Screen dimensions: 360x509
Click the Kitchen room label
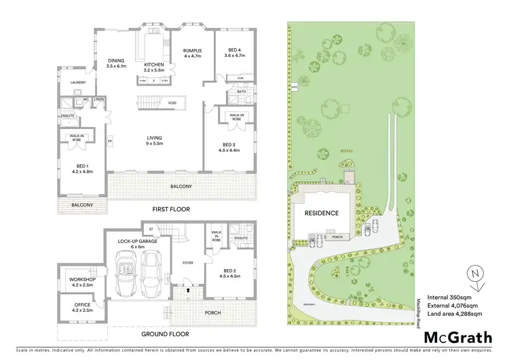click(x=155, y=65)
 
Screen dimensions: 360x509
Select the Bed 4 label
click(x=230, y=51)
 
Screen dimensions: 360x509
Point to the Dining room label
click(x=116, y=65)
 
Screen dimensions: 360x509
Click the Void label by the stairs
click(x=173, y=103)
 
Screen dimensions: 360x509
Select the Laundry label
click(x=79, y=85)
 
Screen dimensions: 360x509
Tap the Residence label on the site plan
click(x=322, y=213)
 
